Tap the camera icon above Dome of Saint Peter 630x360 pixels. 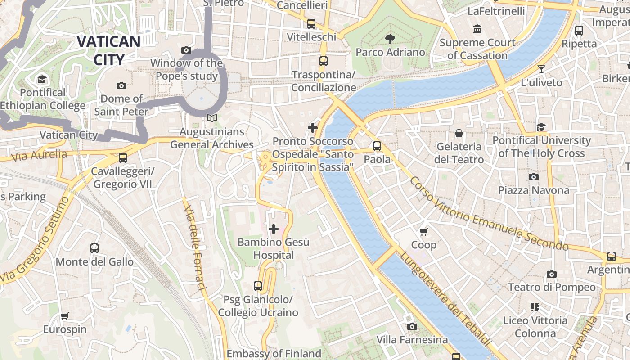(121, 85)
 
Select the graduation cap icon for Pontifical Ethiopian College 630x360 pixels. (42, 80)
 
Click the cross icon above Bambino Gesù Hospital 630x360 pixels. (273, 229)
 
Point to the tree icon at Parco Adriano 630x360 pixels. (390, 39)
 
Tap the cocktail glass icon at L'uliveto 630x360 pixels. (541, 69)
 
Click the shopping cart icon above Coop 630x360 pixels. (423, 232)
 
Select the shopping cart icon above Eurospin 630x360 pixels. (64, 316)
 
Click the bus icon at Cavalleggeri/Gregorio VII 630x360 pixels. (122, 158)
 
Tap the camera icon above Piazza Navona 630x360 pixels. (533, 177)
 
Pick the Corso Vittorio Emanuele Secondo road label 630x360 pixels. (488, 214)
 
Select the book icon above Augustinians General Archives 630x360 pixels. (211, 118)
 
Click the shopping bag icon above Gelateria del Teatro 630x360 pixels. (459, 133)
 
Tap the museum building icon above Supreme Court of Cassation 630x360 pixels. (477, 30)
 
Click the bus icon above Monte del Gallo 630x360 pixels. (94, 248)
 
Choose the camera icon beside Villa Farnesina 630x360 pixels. (412, 326)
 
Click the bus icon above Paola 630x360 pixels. (377, 146)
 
